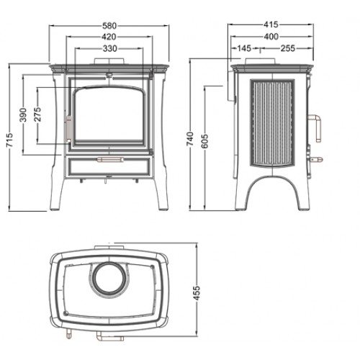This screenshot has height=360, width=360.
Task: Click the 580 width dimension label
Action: point(109,25)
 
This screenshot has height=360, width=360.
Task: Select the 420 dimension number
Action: point(109,37)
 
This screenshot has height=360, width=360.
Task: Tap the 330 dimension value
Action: point(110,49)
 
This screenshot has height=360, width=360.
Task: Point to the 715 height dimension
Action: point(9,141)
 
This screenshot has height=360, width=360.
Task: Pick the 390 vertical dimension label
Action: point(23,114)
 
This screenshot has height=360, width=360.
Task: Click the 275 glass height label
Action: point(38,114)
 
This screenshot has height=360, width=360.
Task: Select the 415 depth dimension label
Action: point(271,24)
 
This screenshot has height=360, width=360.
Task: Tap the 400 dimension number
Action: point(271,37)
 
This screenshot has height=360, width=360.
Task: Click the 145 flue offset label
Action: point(244,48)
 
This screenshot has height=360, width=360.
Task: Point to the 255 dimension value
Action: point(288,48)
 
